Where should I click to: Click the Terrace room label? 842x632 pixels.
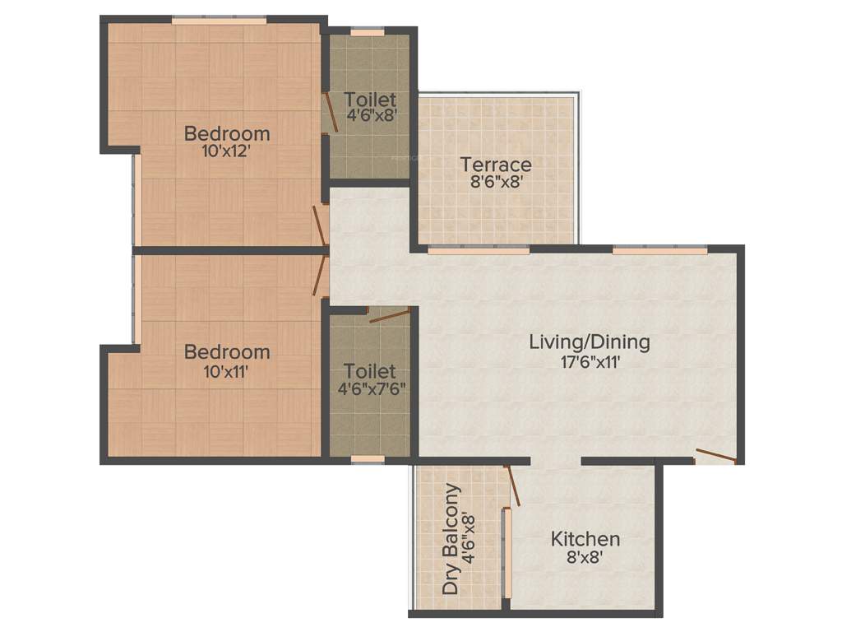coord(495,164)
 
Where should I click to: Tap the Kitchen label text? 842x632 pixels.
coord(585,540)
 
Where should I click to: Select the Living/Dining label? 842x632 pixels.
coord(589,341)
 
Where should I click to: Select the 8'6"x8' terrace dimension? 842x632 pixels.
coord(496,183)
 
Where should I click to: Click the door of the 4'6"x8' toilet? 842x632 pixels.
coord(331,112)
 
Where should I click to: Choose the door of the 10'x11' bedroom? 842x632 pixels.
coord(319,273)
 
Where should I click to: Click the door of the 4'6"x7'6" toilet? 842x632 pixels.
coord(389,314)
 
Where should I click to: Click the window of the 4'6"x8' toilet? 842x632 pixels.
coord(367,32)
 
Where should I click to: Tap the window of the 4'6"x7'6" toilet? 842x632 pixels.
coord(367,459)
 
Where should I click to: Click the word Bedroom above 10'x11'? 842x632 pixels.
coord(227,352)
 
